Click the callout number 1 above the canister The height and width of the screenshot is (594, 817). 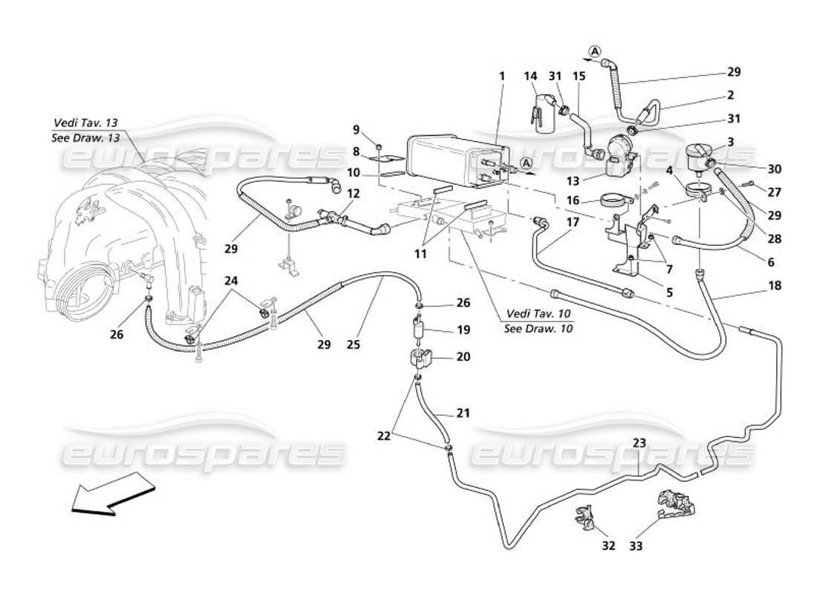pos(502,76)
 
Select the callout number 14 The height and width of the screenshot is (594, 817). pos(530,76)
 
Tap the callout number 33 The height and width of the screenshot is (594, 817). pos(636,546)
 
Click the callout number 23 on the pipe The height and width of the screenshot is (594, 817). pos(639,443)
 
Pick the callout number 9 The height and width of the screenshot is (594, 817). pos(357,130)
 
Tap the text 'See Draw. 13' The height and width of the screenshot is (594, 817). pos(85,134)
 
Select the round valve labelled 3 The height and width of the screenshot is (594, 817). pos(701,155)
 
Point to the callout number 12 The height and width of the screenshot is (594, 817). pos(354,193)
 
